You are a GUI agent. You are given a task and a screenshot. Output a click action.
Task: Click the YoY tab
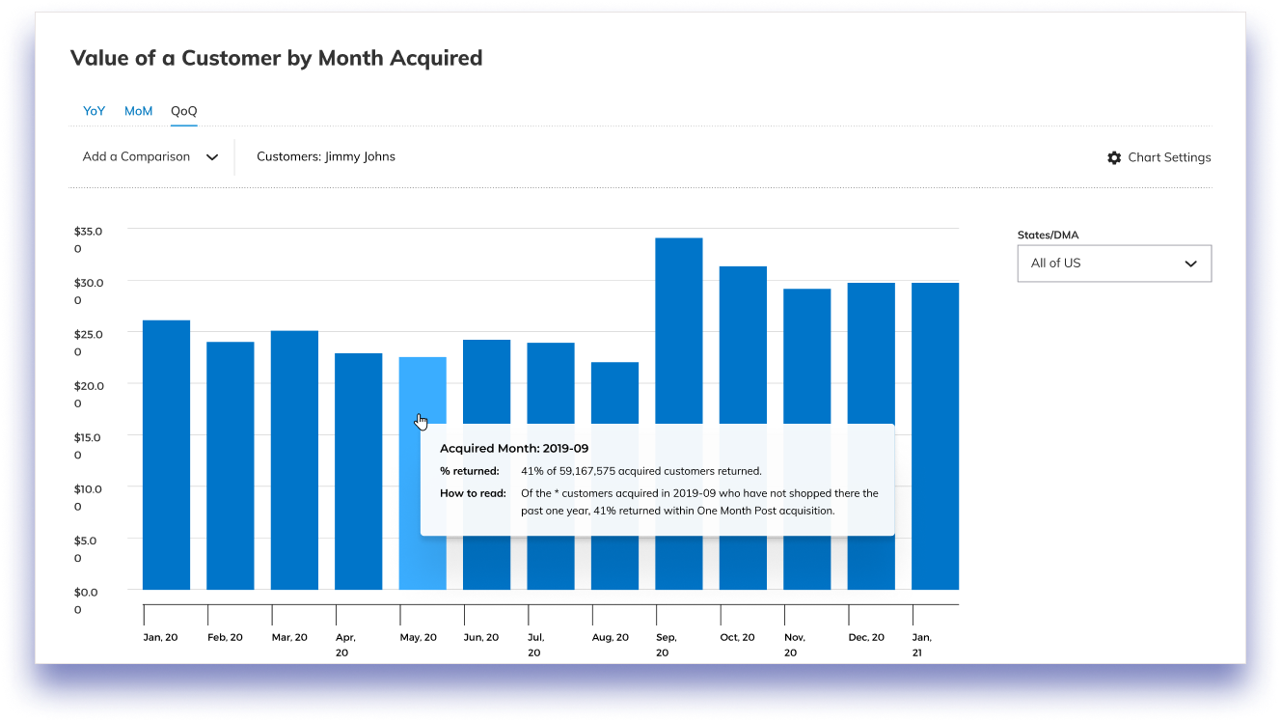click(x=94, y=111)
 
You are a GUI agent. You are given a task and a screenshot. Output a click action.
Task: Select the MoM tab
click(x=138, y=111)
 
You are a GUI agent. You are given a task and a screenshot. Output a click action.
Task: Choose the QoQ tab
click(x=183, y=111)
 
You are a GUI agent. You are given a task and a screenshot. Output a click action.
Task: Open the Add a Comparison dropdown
click(x=150, y=157)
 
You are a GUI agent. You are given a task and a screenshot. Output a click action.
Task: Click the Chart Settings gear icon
click(x=1114, y=157)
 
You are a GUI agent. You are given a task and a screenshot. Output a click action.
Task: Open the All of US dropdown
click(x=1114, y=264)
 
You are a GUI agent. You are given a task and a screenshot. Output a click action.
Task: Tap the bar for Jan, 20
click(x=166, y=454)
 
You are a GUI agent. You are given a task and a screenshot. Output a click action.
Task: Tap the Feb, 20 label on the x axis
click(x=225, y=637)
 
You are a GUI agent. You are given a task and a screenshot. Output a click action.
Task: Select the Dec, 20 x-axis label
click(x=866, y=637)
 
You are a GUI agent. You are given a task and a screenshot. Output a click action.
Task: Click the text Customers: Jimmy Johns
click(x=325, y=156)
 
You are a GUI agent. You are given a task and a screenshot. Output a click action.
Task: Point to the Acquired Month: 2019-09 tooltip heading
click(x=514, y=449)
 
